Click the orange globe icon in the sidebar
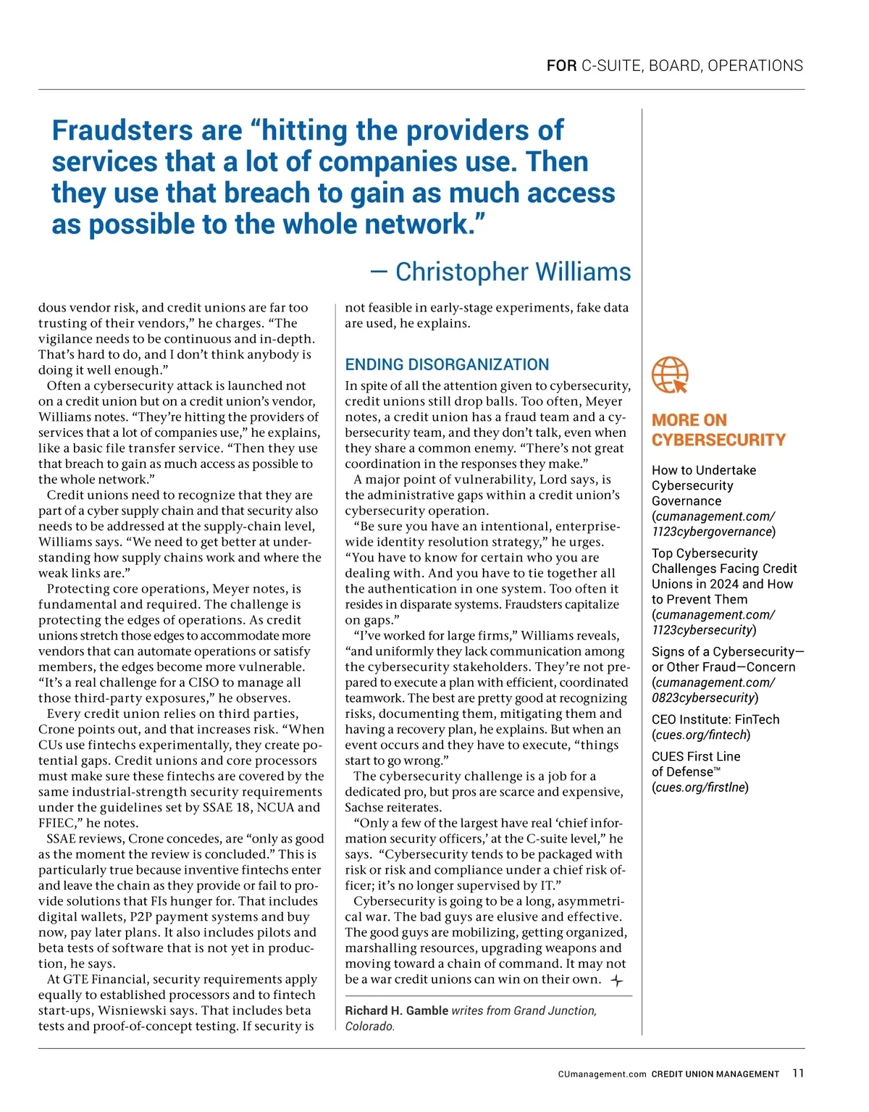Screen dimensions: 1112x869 670,375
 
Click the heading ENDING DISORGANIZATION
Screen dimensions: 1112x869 447,364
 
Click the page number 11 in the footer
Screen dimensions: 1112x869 798,1074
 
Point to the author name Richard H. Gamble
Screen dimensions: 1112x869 396,1011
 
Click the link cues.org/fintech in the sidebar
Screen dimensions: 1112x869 700,735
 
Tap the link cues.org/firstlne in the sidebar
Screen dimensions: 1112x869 700,787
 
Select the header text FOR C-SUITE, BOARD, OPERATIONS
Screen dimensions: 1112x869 674,66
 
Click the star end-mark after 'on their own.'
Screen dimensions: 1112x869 616,981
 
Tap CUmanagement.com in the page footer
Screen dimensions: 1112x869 602,1074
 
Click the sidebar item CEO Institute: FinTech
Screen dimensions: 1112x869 715,719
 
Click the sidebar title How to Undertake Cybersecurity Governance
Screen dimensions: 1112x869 703,485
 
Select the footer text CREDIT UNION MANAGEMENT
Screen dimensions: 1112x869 715,1074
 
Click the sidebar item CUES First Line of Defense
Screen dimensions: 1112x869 695,764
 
